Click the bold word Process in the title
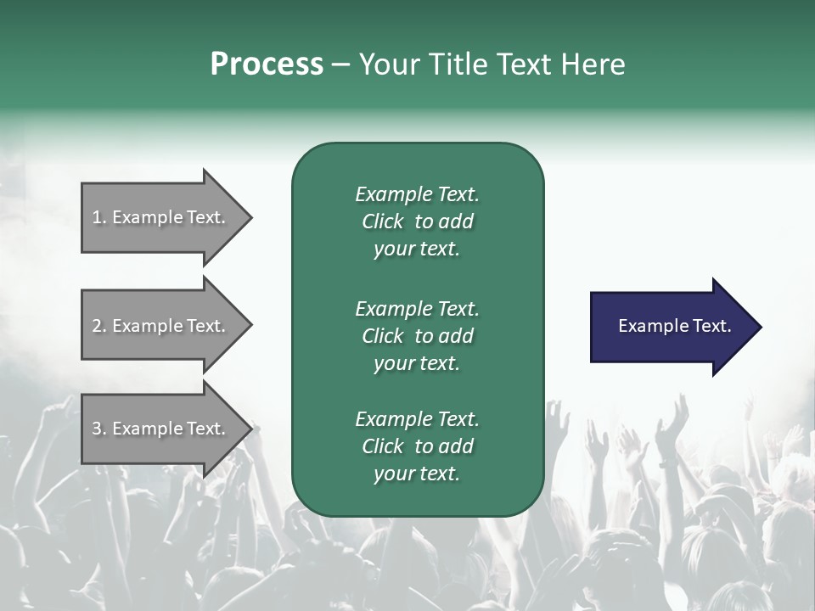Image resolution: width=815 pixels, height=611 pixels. (267, 64)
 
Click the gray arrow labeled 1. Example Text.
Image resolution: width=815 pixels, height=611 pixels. (161, 217)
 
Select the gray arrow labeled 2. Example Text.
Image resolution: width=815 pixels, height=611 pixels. (161, 326)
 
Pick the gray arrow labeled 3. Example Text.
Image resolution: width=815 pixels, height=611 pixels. (161, 429)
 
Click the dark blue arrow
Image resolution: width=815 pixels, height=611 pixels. (671, 327)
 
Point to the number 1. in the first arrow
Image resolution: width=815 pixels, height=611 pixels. (99, 217)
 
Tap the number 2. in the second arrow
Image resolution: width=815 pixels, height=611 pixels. (99, 326)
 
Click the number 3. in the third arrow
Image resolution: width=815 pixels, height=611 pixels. (99, 429)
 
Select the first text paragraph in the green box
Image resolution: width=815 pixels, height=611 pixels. (417, 221)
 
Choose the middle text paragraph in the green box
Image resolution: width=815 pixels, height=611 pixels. (417, 336)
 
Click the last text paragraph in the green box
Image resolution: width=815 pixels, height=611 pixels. (417, 446)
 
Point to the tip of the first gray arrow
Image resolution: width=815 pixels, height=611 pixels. (250, 217)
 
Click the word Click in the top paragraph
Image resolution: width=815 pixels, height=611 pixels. (382, 221)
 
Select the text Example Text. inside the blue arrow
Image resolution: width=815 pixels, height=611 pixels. (674, 326)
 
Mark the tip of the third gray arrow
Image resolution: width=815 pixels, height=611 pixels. (250, 429)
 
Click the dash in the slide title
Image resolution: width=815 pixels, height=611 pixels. (340, 64)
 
